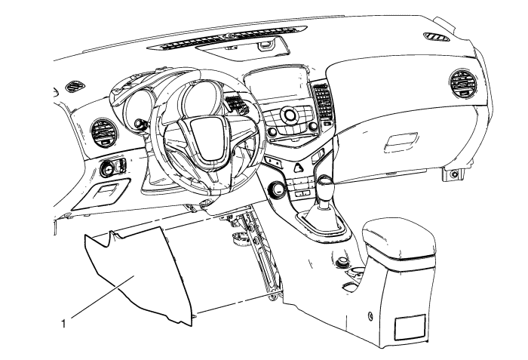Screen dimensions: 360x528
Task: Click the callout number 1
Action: coord(65,326)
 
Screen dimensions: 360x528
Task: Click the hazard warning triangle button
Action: coord(299,168)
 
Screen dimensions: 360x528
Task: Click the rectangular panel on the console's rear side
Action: coord(410,325)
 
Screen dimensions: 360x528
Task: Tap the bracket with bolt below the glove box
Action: coord(454,175)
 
